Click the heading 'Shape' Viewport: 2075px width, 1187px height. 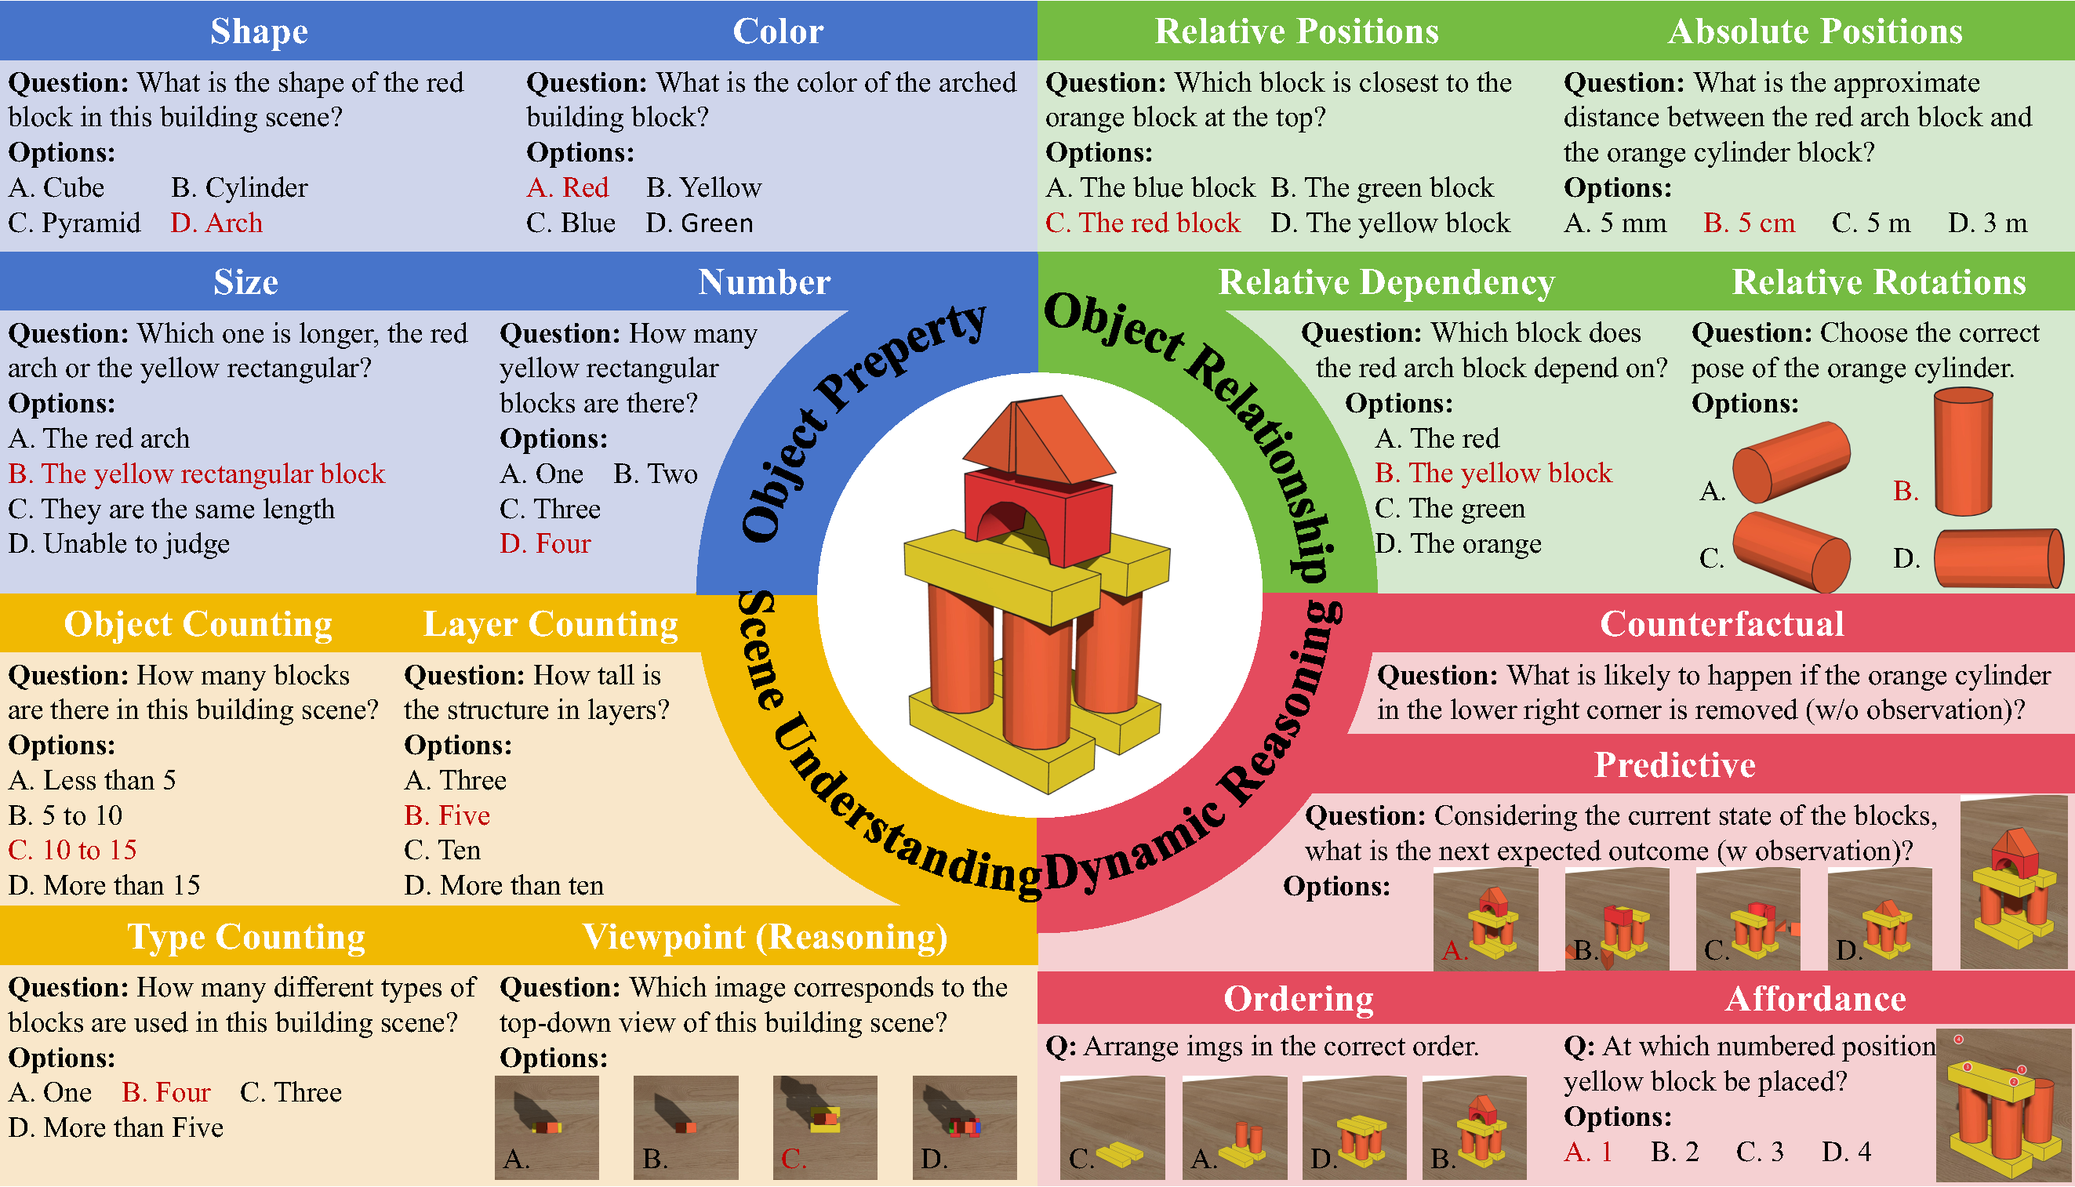tap(259, 31)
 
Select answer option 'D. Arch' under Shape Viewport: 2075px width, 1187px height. tap(216, 223)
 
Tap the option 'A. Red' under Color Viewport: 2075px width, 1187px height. tap(568, 187)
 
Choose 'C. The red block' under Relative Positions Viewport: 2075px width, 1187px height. tap(1143, 223)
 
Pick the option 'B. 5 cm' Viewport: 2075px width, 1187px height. tap(1749, 223)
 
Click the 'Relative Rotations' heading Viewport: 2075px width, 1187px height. tap(1878, 282)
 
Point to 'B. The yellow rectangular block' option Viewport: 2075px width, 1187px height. tap(197, 474)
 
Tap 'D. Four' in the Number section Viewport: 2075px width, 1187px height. tap(545, 544)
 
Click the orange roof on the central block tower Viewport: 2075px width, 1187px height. tap(1040, 441)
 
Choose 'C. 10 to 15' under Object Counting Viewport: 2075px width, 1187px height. tap(73, 851)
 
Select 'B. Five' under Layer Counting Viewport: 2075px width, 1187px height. tap(447, 815)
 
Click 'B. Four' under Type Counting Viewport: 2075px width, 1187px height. tap(166, 1092)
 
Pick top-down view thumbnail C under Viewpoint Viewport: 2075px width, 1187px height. tap(825, 1127)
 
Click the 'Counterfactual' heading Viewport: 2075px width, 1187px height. tap(1721, 623)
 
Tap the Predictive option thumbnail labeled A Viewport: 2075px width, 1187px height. tap(1485, 920)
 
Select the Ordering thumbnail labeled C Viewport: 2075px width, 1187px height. tap(1112, 1127)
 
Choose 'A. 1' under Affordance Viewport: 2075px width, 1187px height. tap(1588, 1152)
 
